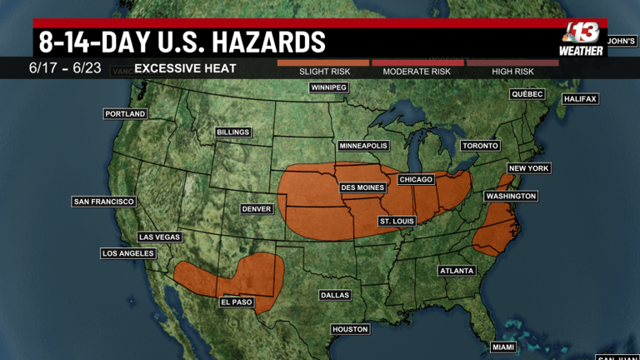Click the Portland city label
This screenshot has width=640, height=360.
click(125, 113)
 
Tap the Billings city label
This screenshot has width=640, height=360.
click(232, 132)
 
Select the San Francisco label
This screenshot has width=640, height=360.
click(104, 202)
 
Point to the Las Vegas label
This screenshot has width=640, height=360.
click(159, 237)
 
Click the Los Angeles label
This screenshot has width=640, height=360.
click(128, 253)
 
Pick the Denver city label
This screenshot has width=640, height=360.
click(257, 208)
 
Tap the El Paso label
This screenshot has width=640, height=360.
click(236, 302)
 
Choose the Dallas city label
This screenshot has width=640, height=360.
click(335, 295)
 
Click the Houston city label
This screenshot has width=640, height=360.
click(350, 329)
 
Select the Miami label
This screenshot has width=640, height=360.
click(502, 347)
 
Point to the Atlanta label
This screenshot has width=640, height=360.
click(457, 271)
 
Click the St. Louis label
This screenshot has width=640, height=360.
click(397, 221)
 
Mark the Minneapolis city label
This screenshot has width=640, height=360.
click(363, 146)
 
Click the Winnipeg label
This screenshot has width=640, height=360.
click(327, 87)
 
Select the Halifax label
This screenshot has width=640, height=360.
click(580, 98)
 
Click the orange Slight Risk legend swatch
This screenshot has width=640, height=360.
click(323, 62)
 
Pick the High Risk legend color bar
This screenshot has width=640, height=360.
click(512, 62)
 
